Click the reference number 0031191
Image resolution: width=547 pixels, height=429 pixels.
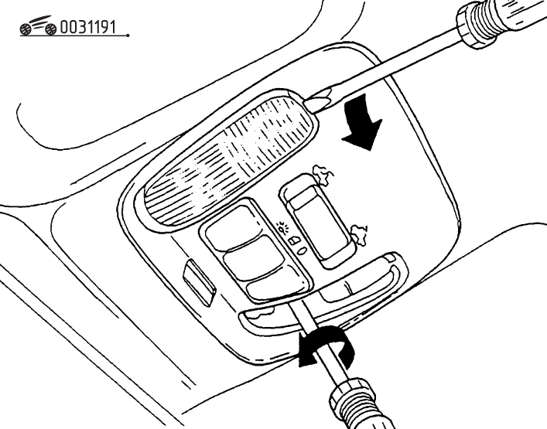(87, 27)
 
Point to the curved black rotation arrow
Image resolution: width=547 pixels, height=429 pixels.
(327, 345)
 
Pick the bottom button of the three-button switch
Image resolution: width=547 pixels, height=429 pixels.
(275, 285)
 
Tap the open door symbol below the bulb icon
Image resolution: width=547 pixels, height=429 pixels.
(294, 240)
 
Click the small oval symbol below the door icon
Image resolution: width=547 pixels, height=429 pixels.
(302, 250)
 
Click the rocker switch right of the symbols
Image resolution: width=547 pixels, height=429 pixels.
(316, 221)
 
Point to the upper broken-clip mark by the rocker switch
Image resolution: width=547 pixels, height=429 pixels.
(323, 173)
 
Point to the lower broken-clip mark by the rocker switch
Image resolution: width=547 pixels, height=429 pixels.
(359, 233)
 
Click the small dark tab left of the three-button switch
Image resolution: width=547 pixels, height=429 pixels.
(199, 284)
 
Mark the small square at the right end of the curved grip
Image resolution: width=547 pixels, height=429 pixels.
(391, 258)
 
